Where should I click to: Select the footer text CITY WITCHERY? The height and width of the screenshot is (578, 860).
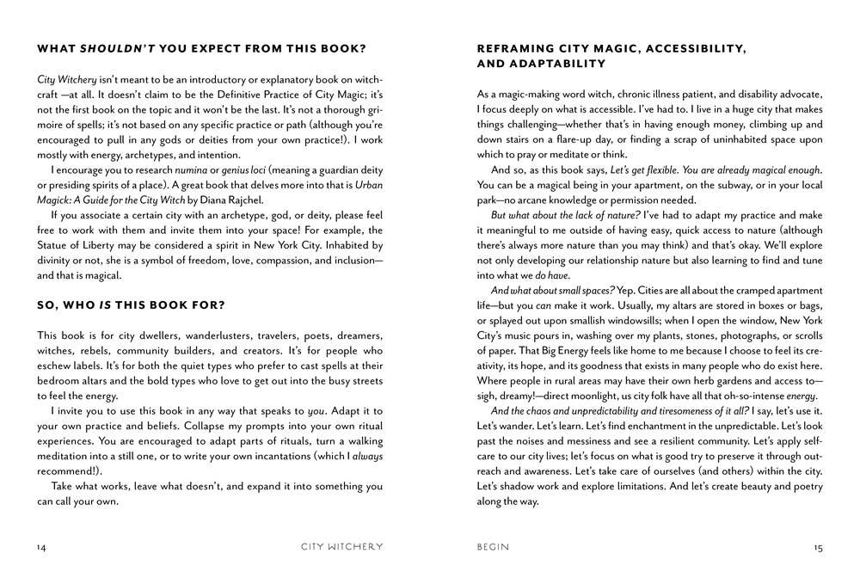click(x=342, y=546)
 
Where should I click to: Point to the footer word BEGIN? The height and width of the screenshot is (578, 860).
click(x=493, y=546)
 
